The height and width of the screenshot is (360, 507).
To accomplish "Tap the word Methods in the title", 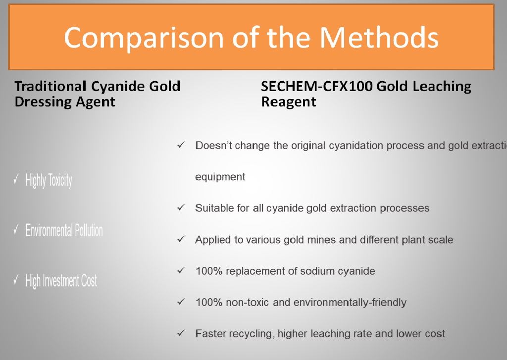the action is [x=379, y=38].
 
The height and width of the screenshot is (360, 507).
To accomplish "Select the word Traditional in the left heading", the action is [x=51, y=86].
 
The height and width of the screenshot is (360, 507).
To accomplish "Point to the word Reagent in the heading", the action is [x=289, y=102].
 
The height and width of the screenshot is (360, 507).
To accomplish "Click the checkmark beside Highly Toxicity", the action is [x=16, y=179].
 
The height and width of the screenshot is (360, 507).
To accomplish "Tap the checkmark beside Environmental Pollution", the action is [x=16, y=229].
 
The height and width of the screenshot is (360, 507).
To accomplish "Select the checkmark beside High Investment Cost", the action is [x=16, y=279].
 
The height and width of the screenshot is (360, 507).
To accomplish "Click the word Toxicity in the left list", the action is [x=60, y=180].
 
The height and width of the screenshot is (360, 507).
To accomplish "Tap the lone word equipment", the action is [x=220, y=177].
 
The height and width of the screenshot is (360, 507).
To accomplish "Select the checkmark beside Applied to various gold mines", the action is [x=181, y=239].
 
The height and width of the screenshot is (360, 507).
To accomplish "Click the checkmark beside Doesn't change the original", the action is [x=181, y=145].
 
